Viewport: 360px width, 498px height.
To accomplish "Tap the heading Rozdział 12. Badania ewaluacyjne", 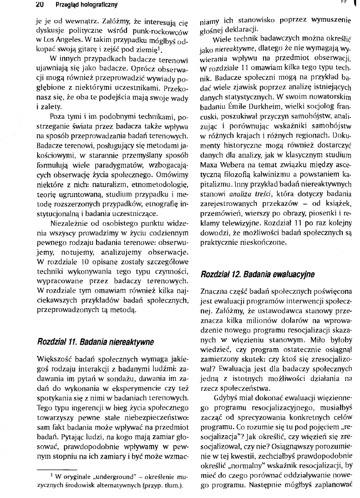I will pyautogui.click(x=257, y=274).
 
